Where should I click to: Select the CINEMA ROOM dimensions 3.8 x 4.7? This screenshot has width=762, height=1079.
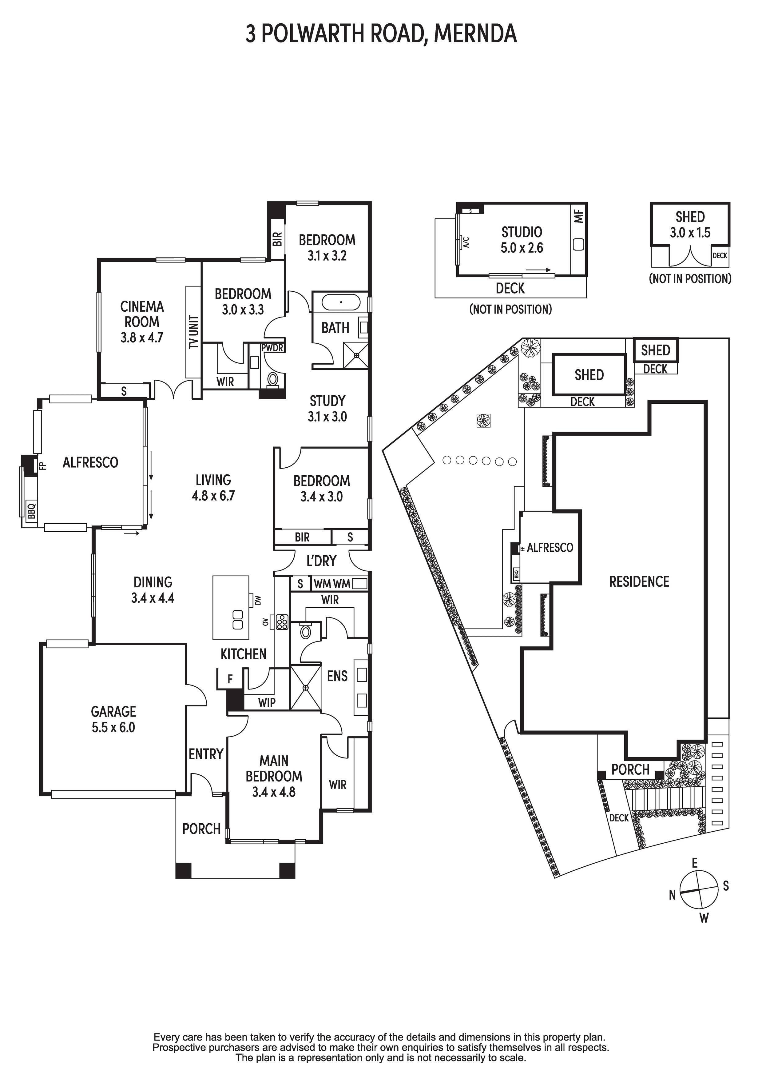pos(142,338)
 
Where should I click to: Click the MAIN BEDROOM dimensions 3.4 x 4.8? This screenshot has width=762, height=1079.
pos(274,792)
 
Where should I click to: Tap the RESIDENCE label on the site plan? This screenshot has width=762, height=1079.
pos(639,582)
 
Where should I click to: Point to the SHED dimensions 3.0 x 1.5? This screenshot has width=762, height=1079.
pos(690,233)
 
